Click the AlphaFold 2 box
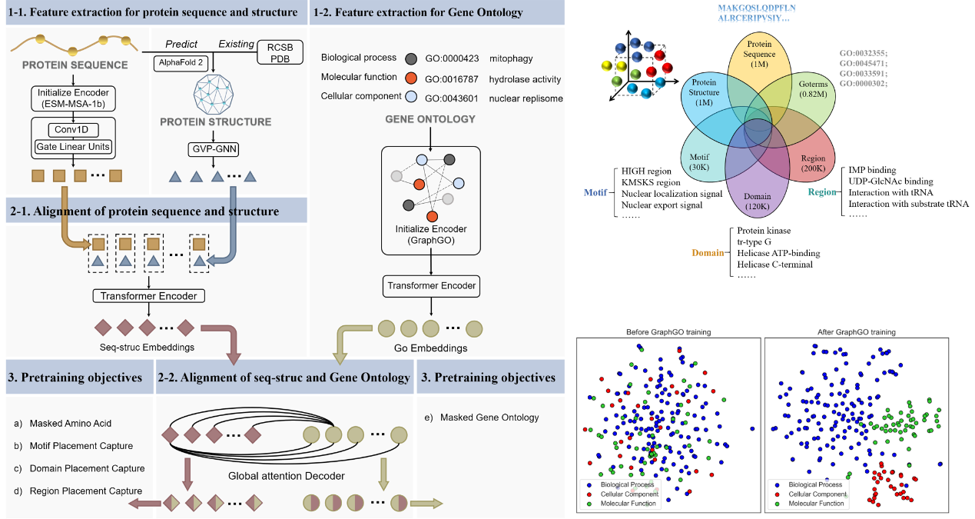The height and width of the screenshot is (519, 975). (181, 62)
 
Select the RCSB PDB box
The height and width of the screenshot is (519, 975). (274, 53)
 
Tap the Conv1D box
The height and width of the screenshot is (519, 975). (73, 131)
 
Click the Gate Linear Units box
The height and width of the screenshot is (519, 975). (73, 146)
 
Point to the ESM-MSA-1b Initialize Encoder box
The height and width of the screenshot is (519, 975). (73, 98)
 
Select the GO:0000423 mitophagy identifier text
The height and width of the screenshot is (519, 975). (453, 58)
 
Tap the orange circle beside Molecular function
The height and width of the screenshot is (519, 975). (412, 78)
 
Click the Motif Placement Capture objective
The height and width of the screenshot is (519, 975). (81, 446)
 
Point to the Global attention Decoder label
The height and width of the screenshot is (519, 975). (287, 476)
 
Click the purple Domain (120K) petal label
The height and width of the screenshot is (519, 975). (758, 201)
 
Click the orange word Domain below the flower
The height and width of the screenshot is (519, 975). (707, 253)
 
